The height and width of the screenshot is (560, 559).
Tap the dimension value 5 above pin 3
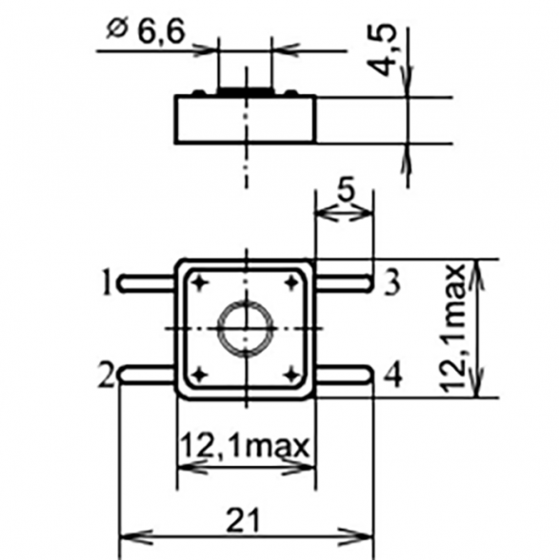345,190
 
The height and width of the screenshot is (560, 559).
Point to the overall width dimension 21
245,519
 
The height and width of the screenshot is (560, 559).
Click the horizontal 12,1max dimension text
246,444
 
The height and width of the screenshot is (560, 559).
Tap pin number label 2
106,374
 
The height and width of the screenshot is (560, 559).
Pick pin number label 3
391,281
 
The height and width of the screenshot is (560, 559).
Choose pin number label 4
391,376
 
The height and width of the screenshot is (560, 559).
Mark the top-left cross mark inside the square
200,282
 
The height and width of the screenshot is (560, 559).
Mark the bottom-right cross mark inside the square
290,374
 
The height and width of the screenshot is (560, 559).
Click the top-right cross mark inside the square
290,282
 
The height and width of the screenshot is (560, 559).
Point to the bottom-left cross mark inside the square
200,374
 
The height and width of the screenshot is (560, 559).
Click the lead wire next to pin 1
148,281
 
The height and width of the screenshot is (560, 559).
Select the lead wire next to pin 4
343,375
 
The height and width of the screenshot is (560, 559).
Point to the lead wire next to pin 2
148,375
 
